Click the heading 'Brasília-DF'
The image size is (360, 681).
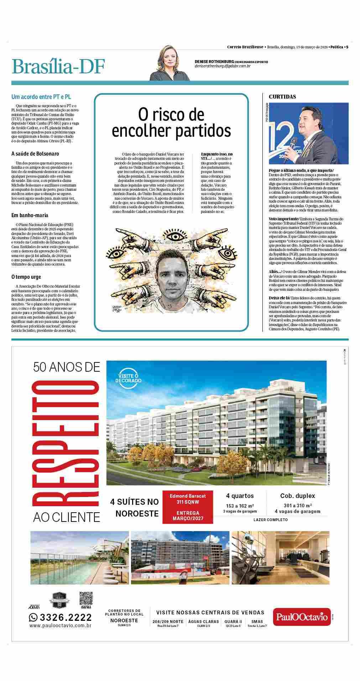pos(58,67)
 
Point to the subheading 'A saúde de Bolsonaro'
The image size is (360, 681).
pos(35,153)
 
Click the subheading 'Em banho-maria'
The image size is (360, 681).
pos(30,215)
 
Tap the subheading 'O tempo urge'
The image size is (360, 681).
pos(26,277)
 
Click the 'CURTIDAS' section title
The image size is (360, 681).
pos(282,96)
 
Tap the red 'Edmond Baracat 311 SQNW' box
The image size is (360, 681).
pos(188,507)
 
